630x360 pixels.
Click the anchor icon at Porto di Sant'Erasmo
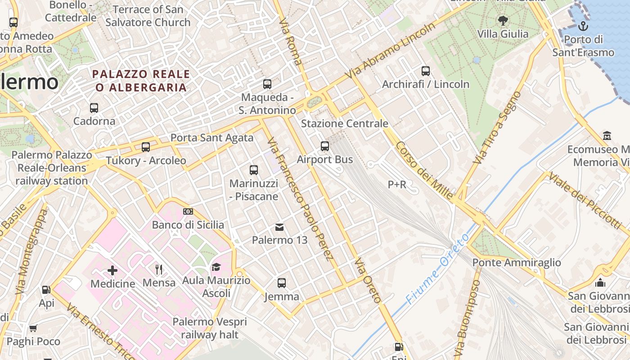point(583,26)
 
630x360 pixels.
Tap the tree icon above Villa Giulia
point(503,20)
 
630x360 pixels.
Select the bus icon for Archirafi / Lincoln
point(426,71)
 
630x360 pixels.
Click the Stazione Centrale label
point(344,123)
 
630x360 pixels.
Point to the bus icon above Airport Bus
point(325,146)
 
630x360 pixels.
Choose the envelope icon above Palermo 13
point(279,227)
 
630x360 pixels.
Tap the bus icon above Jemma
point(282,283)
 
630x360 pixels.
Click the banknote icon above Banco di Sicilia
point(188,211)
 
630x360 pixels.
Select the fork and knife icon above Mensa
point(159,270)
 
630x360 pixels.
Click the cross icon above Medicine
point(112,270)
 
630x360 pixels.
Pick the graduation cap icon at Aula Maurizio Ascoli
point(216,267)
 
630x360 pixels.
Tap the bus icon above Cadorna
point(94,108)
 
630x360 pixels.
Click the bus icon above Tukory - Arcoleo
point(146,147)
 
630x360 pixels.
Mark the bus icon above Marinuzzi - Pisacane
point(254,170)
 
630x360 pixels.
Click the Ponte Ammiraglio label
point(516,262)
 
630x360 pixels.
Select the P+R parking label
point(397,184)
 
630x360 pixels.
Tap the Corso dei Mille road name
point(424,171)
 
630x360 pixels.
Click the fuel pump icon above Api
point(46,290)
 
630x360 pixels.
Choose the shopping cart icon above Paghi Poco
point(33,328)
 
